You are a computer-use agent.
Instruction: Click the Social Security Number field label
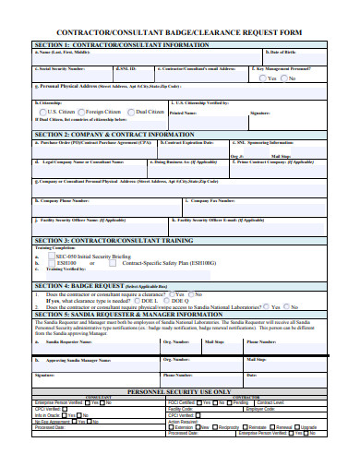[x=63, y=68]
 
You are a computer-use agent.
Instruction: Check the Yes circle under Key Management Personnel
[x=262, y=78]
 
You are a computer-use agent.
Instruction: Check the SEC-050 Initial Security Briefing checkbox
[x=53, y=254]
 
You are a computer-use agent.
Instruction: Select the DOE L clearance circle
[x=137, y=300]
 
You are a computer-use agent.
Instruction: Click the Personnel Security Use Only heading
[x=179, y=391]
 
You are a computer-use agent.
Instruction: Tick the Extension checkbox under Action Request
[x=171, y=427]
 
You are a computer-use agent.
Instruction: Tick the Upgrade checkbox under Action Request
[x=298, y=427]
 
